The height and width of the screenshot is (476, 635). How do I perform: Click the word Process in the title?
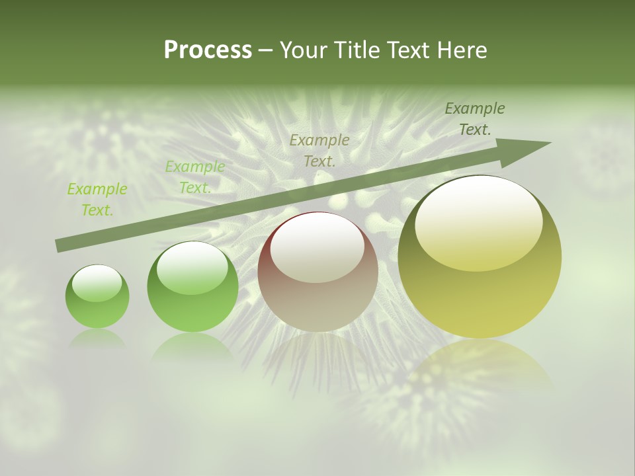(x=208, y=50)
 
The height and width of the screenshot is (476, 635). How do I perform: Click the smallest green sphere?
(x=97, y=296)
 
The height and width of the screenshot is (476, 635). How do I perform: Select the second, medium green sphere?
(x=192, y=286)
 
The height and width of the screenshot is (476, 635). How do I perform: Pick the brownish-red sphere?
(x=317, y=272)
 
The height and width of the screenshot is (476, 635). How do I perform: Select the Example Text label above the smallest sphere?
(x=97, y=200)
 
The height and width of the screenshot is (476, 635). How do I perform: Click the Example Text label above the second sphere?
(x=195, y=177)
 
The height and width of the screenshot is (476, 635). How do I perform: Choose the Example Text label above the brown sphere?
(x=319, y=150)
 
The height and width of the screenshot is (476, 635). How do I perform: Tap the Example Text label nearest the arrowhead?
(x=475, y=119)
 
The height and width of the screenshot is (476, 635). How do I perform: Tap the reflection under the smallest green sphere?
(x=97, y=338)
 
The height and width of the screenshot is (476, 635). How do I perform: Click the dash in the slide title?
(x=266, y=50)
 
